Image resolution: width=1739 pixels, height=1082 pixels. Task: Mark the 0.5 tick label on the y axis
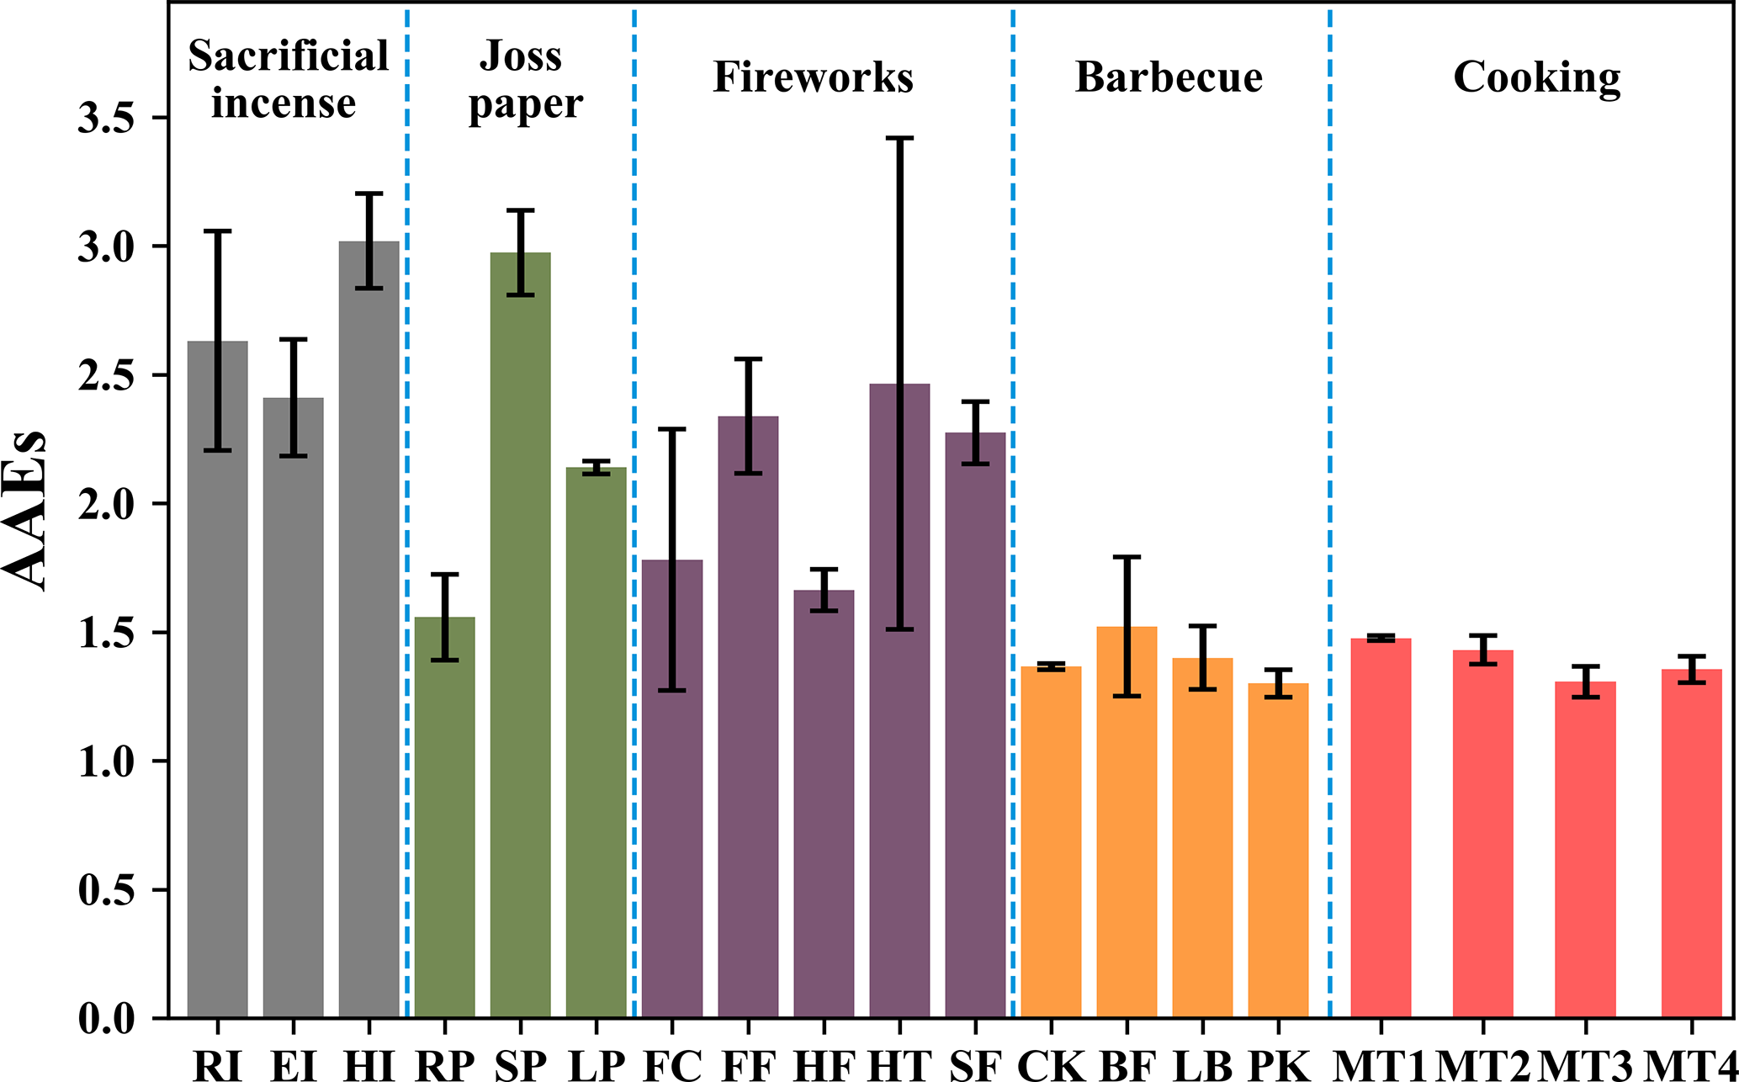107,890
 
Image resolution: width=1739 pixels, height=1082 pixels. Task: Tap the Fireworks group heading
813,77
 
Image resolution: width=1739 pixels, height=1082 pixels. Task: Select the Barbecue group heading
1169,77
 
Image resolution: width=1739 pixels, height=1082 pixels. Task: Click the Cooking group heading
1537,77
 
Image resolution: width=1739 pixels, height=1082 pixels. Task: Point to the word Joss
521,56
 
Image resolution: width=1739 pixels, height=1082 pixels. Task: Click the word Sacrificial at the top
288,56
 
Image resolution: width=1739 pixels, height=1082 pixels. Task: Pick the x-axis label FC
672,1065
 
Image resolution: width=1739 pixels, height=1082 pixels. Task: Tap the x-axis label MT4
1691,1065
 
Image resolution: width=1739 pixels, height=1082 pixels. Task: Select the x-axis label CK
1051,1065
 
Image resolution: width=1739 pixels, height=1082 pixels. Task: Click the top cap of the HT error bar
899,137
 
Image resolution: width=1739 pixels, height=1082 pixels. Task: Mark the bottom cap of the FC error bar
672,691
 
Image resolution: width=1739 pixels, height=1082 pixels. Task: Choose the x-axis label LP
596,1065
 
